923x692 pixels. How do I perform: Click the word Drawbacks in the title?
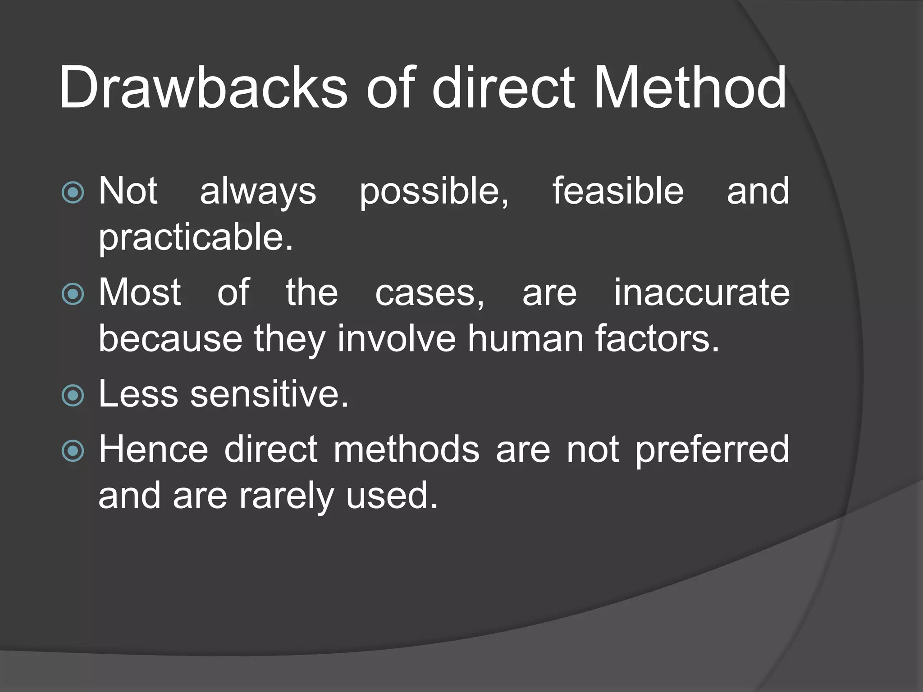click(203, 87)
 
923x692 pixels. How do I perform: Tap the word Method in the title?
click(690, 87)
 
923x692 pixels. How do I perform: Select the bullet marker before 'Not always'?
click(73, 192)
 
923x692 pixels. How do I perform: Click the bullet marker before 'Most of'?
click(73, 294)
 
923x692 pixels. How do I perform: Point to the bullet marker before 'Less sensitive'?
click(73, 396)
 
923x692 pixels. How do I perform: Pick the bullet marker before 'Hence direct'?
click(73, 451)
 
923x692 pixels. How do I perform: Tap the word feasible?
click(618, 191)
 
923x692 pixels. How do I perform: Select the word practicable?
click(196, 238)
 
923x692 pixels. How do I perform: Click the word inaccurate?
click(702, 293)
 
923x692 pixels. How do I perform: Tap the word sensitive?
click(269, 395)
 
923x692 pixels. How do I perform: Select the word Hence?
click(153, 450)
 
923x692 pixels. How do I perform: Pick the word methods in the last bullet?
click(407, 450)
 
